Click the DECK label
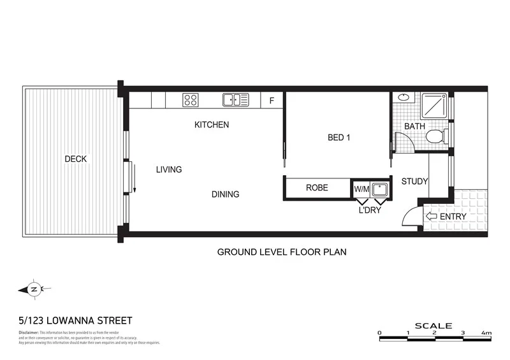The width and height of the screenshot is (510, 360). click(75, 159)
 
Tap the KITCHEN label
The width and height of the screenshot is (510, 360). click(212, 125)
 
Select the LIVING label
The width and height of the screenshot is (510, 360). click(169, 169)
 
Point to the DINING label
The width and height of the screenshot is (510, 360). click(226, 194)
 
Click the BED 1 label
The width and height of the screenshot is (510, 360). click(339, 138)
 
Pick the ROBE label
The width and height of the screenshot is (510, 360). click(317, 188)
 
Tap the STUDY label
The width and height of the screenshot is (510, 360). click(414, 182)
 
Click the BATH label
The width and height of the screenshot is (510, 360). click(414, 126)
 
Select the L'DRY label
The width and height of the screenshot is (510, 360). click(370, 210)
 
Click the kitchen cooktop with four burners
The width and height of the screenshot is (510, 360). click(191, 99)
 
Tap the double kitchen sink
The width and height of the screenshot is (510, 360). click(235, 99)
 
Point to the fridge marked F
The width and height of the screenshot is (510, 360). click(272, 101)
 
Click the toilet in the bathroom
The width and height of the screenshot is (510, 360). click(435, 136)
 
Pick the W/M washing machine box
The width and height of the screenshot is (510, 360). click(361, 189)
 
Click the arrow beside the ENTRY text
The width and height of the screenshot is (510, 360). click(432, 217)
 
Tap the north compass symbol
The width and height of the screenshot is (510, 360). click(34, 289)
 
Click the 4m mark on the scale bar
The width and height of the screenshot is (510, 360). click(486, 333)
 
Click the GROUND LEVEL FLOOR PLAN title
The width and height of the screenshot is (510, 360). click(282, 252)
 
